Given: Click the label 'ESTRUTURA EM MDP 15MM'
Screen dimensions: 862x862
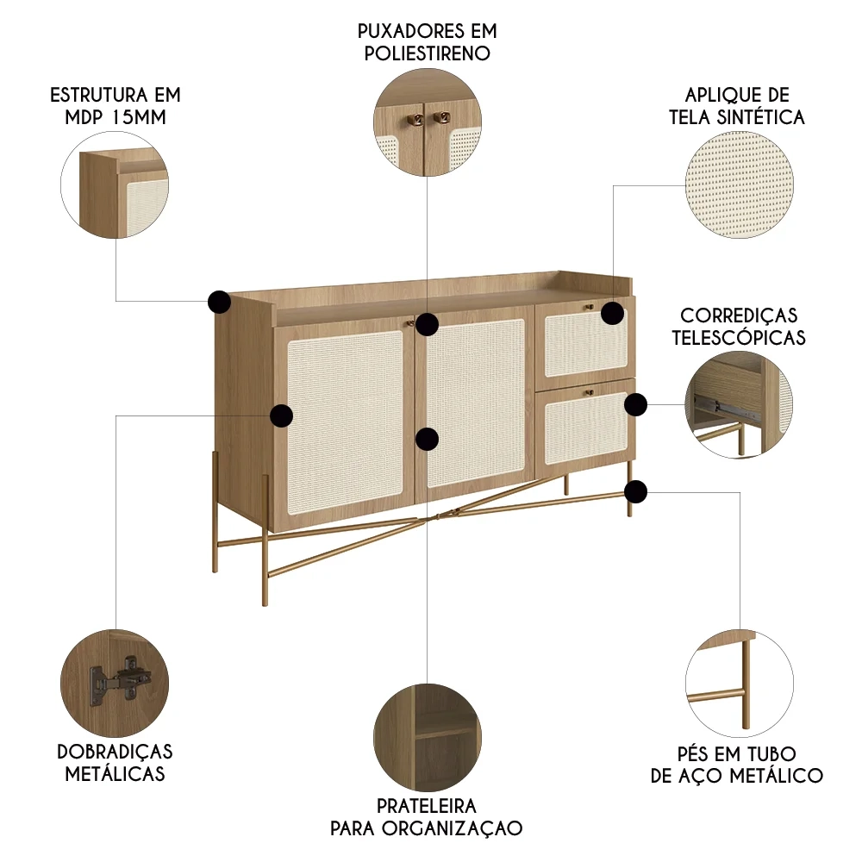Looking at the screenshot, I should coord(115,105).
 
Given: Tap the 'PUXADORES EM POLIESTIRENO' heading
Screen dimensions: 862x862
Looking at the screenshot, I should coord(428,41).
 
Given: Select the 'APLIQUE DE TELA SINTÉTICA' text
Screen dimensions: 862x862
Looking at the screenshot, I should coord(737,106).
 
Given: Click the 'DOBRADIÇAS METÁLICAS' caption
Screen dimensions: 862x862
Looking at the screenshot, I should coord(115,763).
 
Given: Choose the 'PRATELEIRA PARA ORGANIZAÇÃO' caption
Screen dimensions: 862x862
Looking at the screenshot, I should coord(427,817).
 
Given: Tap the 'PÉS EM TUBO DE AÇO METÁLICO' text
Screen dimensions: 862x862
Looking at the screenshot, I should coord(737,765).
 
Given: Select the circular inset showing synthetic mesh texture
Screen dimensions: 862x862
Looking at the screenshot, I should coord(740,185).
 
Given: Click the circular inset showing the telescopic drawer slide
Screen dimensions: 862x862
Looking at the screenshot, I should coord(740,404).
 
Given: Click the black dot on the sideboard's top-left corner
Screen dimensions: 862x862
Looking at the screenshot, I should coord(220,302).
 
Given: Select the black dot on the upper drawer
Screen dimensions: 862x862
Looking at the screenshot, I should coord(612,313).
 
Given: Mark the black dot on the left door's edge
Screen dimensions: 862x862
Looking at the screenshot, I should coord(281,416).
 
